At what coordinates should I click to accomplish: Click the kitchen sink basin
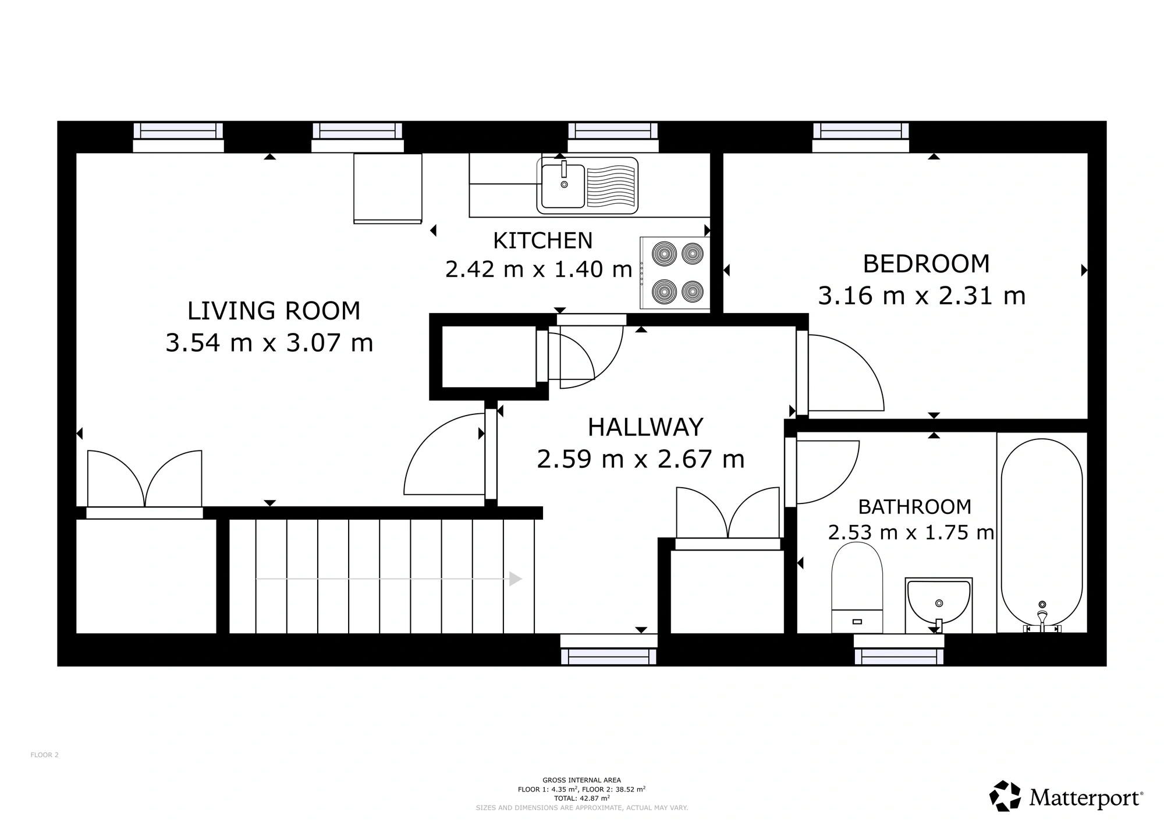[563, 186]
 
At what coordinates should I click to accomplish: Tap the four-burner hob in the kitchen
[675, 272]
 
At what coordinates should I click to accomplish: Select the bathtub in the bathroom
[1041, 533]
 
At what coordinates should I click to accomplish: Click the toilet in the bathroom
[857, 591]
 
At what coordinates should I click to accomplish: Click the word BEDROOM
[925, 264]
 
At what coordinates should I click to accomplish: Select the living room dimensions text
[269, 342]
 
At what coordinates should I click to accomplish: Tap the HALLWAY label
[645, 427]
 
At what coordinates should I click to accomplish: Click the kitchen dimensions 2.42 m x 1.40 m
[538, 269]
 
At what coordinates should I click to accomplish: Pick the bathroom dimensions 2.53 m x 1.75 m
[911, 533]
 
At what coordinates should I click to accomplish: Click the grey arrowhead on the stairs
[515, 579]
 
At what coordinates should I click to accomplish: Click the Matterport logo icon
[1005, 796]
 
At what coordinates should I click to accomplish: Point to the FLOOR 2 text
[44, 755]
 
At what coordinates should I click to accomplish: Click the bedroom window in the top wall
[860, 131]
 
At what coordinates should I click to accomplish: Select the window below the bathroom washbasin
[899, 656]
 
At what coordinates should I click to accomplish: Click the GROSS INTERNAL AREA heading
[581, 780]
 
